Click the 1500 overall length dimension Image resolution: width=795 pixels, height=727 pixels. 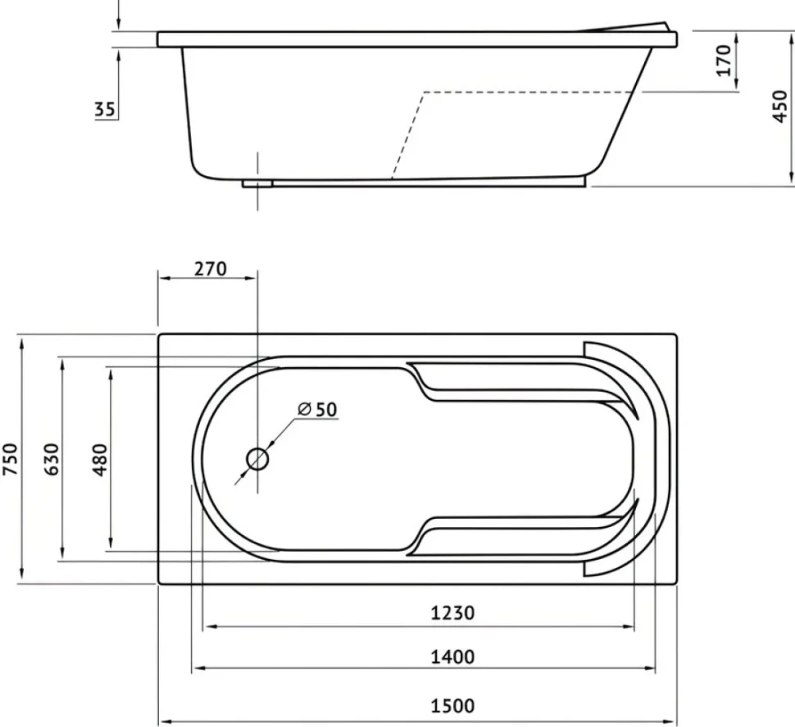[x=452, y=706]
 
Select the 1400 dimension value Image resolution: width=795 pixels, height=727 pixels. [x=452, y=657]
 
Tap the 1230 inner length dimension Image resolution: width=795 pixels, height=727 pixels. [x=452, y=613]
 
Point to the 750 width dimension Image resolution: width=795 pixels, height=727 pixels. [x=11, y=459]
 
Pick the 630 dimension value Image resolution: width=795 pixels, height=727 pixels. [x=52, y=459]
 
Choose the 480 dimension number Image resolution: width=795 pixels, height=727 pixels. [x=100, y=459]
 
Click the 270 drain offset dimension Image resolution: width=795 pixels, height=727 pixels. [x=211, y=269]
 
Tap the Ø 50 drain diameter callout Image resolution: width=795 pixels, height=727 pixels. [x=317, y=409]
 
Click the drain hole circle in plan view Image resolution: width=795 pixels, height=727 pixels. [x=257, y=459]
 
